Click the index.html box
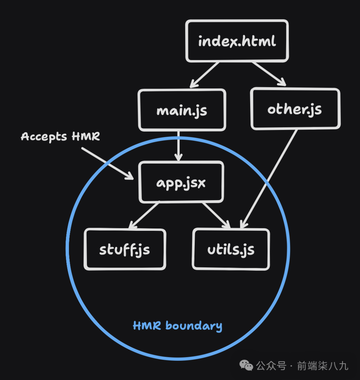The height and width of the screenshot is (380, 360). (237, 41)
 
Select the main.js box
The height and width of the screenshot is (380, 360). (182, 110)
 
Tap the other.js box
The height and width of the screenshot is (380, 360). (295, 109)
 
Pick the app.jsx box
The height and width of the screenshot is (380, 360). (181, 182)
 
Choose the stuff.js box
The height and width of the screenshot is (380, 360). (125, 249)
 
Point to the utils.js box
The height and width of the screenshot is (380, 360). (231, 249)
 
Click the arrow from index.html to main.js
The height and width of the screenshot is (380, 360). (204, 75)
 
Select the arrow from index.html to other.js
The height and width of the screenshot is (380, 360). (269, 74)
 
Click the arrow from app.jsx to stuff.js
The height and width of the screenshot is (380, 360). (144, 216)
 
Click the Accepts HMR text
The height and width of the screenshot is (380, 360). (60, 137)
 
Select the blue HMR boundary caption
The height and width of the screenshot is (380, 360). (177, 326)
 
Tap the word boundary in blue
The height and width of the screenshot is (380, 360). (193, 326)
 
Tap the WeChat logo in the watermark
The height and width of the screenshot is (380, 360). (246, 366)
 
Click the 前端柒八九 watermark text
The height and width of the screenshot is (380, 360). (322, 366)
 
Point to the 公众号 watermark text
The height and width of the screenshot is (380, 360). (271, 366)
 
